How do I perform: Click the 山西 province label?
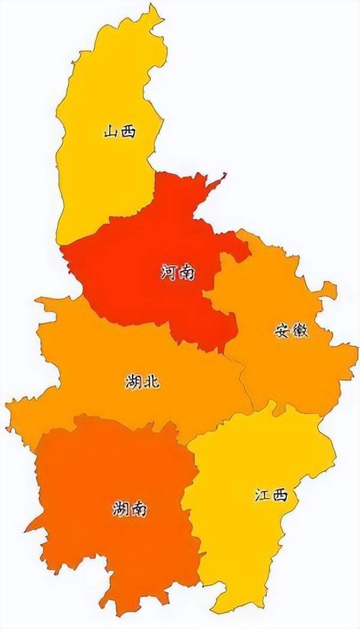pos(119,131)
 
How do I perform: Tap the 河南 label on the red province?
pos(178,272)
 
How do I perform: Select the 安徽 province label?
pos(292,330)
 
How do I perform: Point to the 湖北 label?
pos(143,381)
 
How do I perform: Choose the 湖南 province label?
pos(129,510)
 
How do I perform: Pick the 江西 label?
pos(271,496)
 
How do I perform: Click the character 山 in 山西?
pos(110,131)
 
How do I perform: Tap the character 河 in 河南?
pos(169,272)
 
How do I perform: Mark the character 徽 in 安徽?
pos(300,330)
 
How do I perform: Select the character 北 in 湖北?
pos(152,381)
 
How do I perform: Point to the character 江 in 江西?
pos(262,496)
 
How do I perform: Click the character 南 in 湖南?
pos(138,510)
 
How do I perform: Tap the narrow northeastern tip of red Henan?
pos(223,175)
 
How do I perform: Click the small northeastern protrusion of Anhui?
pos(329,290)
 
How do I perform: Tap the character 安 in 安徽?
pos(283,330)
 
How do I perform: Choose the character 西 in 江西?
pos(280,496)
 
